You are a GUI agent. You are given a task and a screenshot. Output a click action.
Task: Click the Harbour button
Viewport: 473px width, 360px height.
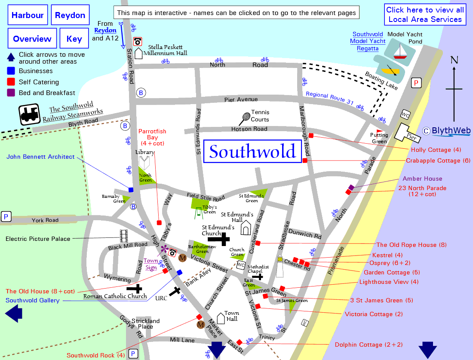coord(28,15)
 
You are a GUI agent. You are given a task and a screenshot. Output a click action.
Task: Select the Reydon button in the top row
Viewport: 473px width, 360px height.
coord(70,15)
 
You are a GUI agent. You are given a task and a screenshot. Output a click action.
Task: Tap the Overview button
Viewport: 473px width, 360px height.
coord(32,39)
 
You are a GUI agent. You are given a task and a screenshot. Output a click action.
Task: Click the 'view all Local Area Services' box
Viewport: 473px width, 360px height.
coord(425,15)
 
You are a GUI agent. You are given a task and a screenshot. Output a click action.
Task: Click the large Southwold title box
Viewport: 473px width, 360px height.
coord(252,151)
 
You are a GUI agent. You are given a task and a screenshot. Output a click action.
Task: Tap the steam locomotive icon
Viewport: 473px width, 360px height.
coord(30,114)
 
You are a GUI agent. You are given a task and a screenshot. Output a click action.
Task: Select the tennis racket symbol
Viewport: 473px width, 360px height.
coord(245,117)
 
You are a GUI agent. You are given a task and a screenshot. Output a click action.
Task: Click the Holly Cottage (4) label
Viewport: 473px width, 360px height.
coord(436,150)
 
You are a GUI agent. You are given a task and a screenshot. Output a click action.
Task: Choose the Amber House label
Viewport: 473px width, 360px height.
coord(422,178)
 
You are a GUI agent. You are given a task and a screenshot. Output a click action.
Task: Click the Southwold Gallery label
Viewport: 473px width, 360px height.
coord(33,300)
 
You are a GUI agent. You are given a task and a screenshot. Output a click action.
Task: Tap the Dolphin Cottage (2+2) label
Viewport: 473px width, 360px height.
coord(369,345)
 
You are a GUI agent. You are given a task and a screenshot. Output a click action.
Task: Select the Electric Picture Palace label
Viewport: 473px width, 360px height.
coord(38,239)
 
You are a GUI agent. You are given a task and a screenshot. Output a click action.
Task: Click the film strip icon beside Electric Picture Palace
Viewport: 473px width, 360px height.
coord(124,235)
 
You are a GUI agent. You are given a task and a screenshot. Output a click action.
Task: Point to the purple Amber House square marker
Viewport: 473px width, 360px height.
coord(351,188)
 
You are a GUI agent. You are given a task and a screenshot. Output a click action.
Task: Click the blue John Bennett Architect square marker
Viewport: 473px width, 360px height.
coord(131,190)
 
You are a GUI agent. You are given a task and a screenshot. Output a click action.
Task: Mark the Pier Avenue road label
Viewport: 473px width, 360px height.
coord(241,99)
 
